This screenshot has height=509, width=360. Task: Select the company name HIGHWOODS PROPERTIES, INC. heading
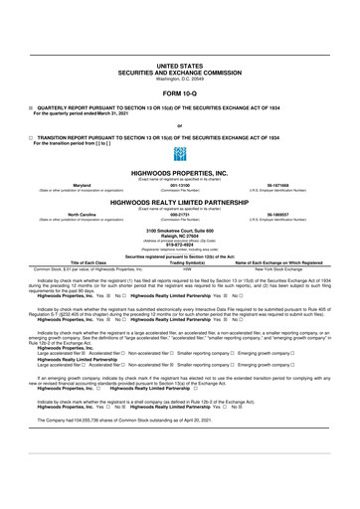coord(180,172)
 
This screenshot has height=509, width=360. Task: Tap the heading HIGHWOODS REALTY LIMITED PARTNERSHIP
coord(180,200)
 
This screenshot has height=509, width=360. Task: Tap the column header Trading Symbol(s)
coord(180,262)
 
